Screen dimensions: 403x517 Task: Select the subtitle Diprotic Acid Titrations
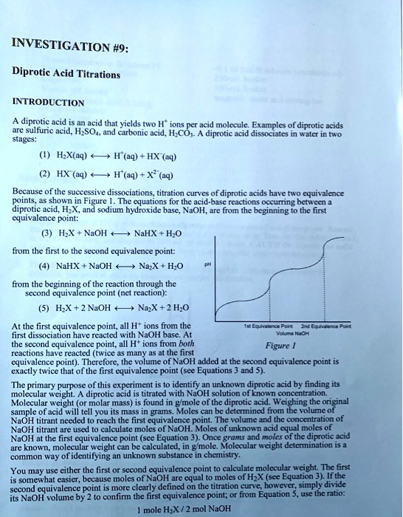coord(66,74)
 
